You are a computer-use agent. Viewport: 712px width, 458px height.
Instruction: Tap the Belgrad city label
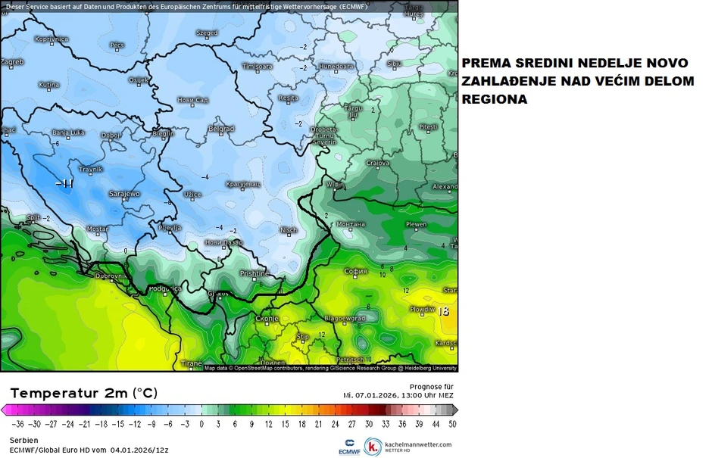point(221,129)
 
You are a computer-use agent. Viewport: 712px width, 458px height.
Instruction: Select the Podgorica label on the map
point(165,288)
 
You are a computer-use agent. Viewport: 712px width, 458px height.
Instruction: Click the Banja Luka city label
point(67,133)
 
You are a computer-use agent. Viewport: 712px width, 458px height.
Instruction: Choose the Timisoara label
point(257,67)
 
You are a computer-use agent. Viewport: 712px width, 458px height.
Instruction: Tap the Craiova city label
point(377,163)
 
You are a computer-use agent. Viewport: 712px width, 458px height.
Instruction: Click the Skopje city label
point(266,318)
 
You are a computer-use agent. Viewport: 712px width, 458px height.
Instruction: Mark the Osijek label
point(139,79)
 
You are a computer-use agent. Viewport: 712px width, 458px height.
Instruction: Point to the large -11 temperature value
point(65,183)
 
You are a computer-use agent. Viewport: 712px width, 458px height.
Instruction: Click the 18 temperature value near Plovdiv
point(444,310)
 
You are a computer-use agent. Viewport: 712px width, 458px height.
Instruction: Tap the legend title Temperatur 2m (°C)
point(84,393)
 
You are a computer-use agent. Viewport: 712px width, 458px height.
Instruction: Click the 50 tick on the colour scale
point(452,424)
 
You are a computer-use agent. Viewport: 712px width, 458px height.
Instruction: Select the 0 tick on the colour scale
point(201,424)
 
